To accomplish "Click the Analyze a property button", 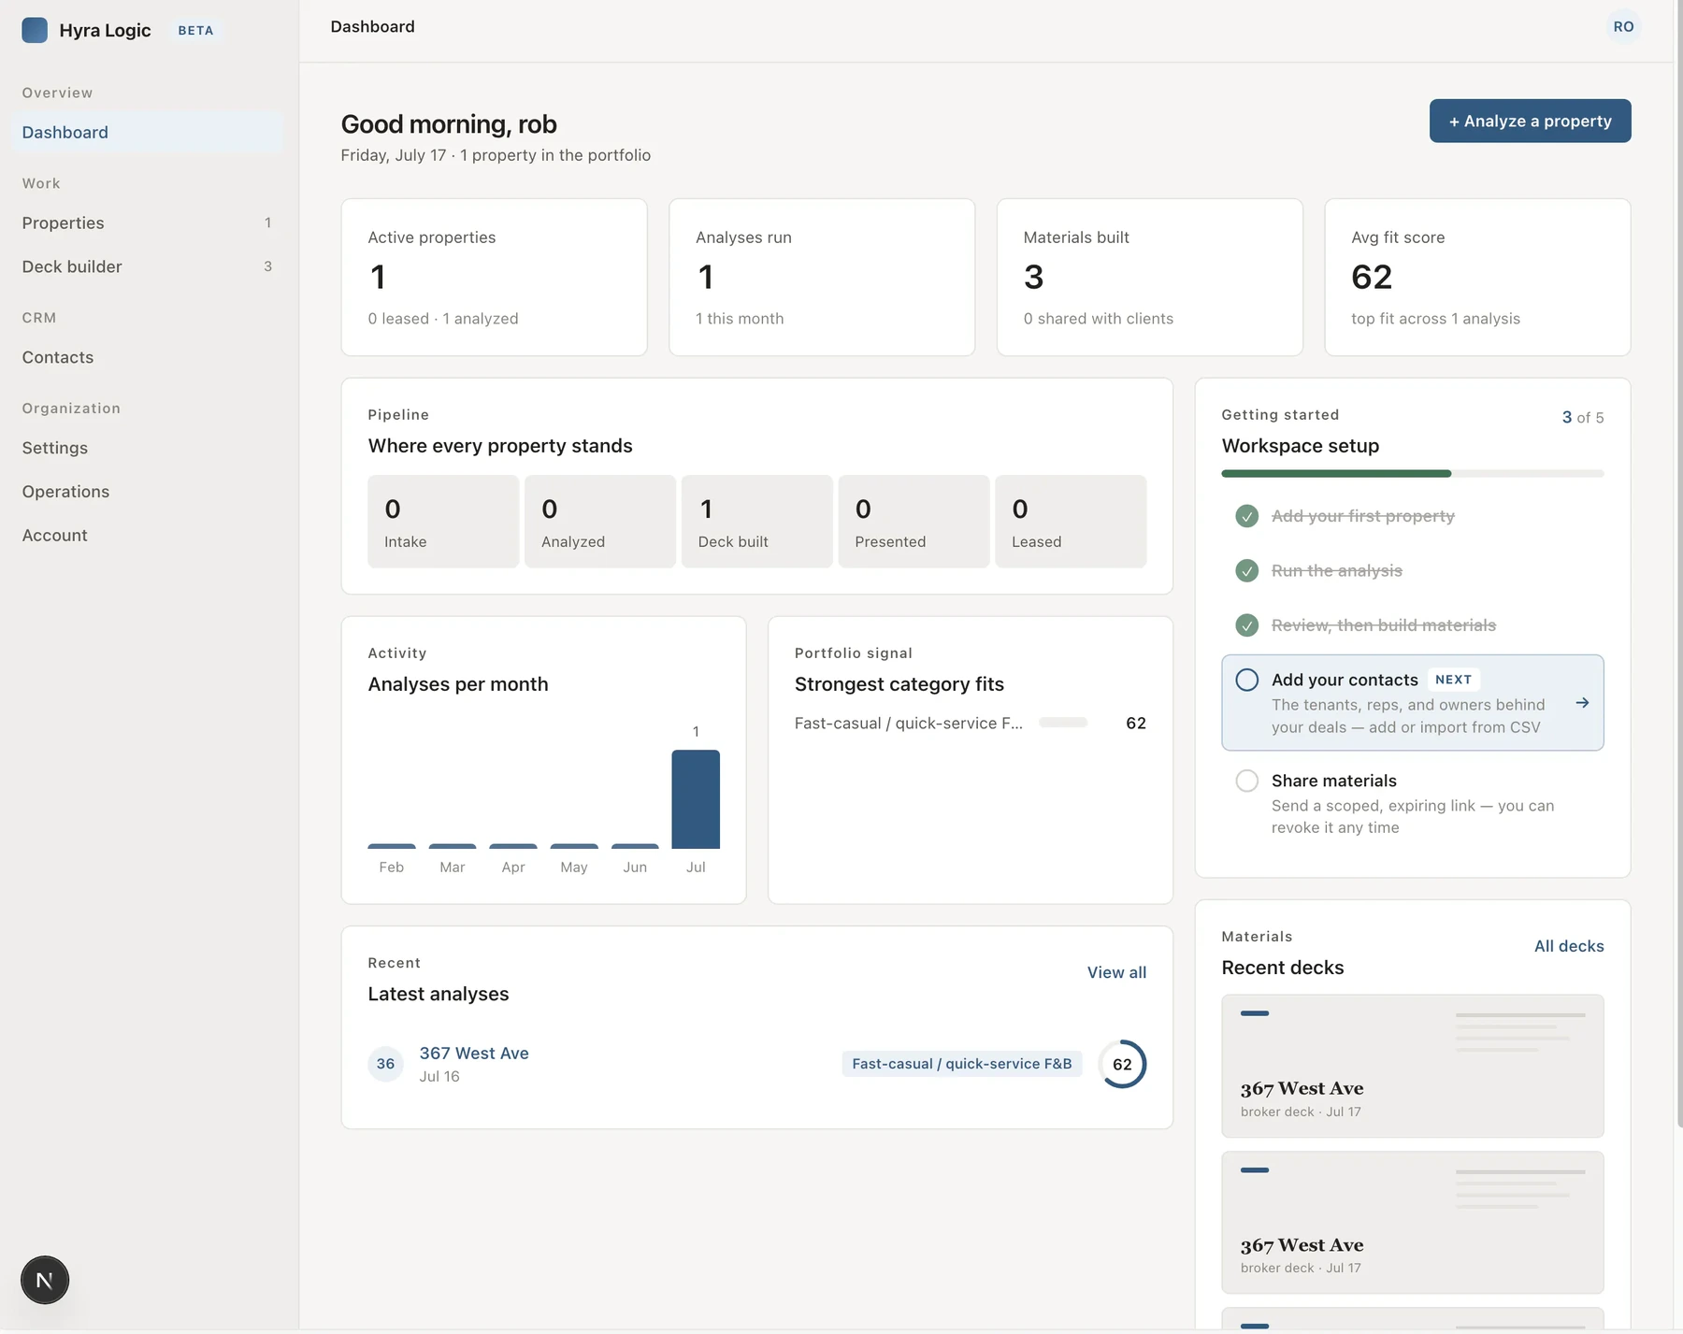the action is pos(1530,121).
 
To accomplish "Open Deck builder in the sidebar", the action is pos(72,266).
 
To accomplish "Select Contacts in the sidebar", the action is pos(58,357).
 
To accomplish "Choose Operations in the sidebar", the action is pos(65,492).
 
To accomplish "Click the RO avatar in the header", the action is pos(1623,26).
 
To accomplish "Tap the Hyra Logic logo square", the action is pos(35,30).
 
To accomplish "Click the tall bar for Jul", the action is pos(696,799).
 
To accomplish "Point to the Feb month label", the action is pos(392,868).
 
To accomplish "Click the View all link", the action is pos(1116,972).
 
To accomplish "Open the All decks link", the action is pos(1569,946).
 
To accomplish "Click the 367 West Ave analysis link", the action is pos(474,1053).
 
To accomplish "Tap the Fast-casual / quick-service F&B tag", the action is pos(962,1064).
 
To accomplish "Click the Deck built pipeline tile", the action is pos(756,522).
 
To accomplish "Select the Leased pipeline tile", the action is pos(1071,522).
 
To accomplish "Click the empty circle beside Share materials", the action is pos(1246,781).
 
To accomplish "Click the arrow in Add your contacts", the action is pos(1582,703).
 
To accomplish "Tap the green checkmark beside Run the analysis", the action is pos(1246,570).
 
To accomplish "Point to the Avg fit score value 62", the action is pos(1372,277).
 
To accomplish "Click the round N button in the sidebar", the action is pos(45,1280).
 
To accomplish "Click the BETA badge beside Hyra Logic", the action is pos(195,30).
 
